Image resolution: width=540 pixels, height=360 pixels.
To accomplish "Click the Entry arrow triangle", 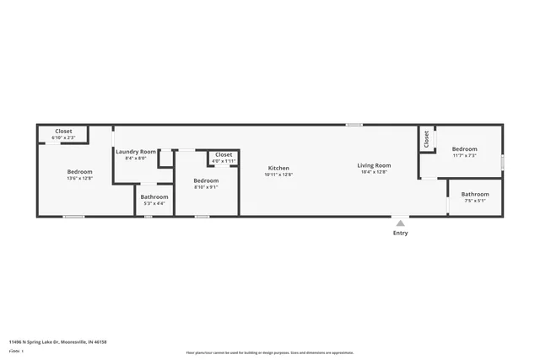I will coord(400,223).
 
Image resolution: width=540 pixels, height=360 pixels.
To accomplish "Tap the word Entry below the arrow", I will coord(400,234).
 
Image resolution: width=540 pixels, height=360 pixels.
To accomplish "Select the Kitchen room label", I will coord(278,168).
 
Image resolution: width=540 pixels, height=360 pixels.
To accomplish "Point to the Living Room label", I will coord(374,165).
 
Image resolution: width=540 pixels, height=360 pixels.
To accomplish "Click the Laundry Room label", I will coord(136,151).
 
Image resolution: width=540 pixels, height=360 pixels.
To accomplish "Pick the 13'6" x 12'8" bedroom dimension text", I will coord(80,178).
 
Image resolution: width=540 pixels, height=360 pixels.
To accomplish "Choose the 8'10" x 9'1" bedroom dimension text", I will coord(206,187).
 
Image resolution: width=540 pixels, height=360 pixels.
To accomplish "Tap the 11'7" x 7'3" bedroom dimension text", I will coord(464,156).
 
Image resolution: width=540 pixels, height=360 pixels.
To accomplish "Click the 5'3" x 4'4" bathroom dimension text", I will coord(154,203).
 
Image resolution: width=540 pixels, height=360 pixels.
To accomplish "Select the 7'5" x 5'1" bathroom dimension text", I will coord(475,201).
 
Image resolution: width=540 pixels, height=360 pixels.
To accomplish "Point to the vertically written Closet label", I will coord(427,139).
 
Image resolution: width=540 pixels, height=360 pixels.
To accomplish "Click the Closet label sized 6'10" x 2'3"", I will coord(63,132).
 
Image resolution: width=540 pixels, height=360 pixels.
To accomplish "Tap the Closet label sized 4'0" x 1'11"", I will coord(224,155).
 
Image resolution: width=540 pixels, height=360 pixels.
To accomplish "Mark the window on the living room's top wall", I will coord(354,125).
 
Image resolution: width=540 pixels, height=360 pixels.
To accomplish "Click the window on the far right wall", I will coord(503,160).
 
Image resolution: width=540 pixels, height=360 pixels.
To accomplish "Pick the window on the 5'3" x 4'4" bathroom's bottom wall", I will coord(148,217).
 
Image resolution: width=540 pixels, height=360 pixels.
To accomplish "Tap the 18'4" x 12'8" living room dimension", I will coord(374,172).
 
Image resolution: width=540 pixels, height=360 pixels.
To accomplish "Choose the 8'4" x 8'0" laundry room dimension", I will coord(136,158).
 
